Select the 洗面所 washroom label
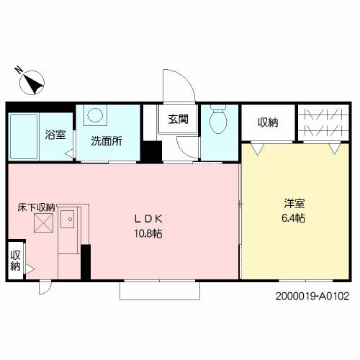coord(105,141)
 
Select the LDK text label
coord(150,218)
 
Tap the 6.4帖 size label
coord(294,218)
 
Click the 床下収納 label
coord(37,207)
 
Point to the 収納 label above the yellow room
coord(267,122)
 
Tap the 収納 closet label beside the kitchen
coord(15,260)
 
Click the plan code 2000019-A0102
coord(312,296)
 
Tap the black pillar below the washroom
coord(150,153)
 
